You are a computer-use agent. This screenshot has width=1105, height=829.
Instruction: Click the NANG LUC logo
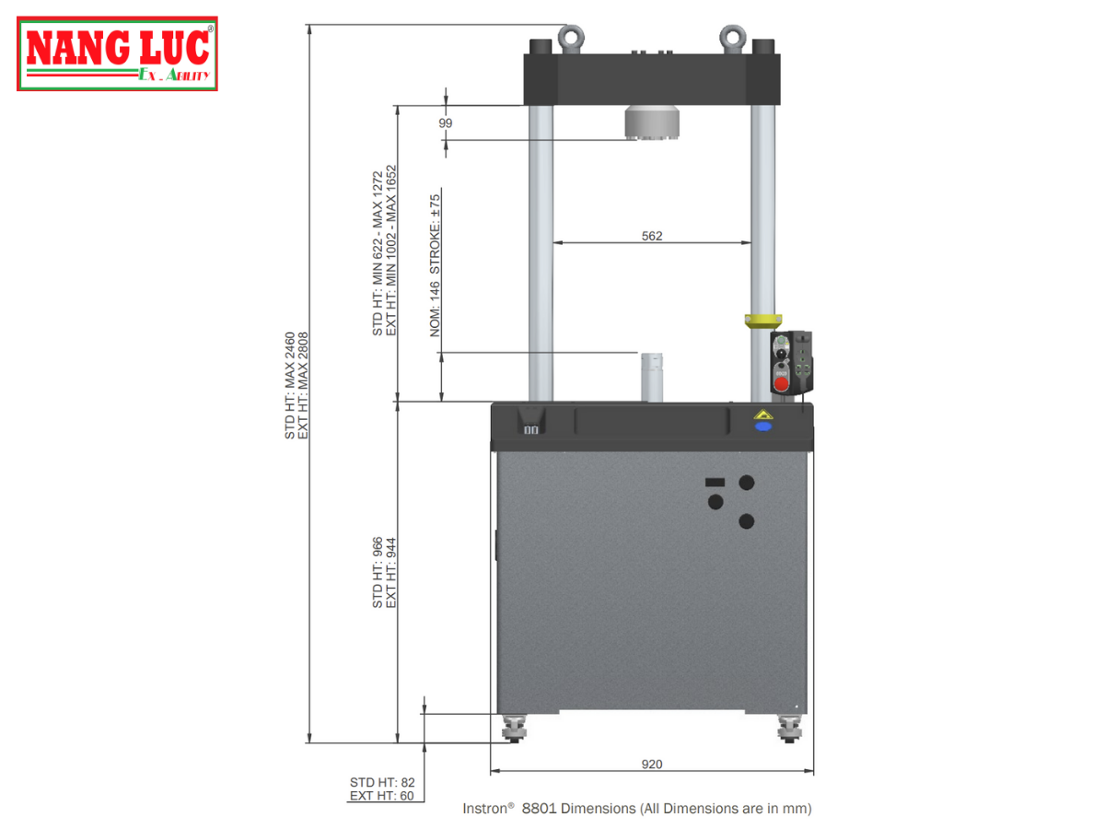117,53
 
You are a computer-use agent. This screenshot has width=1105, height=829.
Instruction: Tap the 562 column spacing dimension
651,236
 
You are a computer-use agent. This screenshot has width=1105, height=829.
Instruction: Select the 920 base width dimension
651,764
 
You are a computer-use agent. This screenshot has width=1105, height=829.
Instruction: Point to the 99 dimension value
445,123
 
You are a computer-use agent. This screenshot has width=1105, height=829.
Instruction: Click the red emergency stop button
781,384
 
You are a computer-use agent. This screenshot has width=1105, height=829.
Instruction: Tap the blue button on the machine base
762,426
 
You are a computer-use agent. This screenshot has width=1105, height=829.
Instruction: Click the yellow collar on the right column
762,321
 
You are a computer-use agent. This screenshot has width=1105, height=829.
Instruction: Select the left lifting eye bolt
570,39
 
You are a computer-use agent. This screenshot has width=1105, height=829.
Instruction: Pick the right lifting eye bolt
732,39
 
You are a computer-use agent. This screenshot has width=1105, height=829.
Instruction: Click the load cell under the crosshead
651,123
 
